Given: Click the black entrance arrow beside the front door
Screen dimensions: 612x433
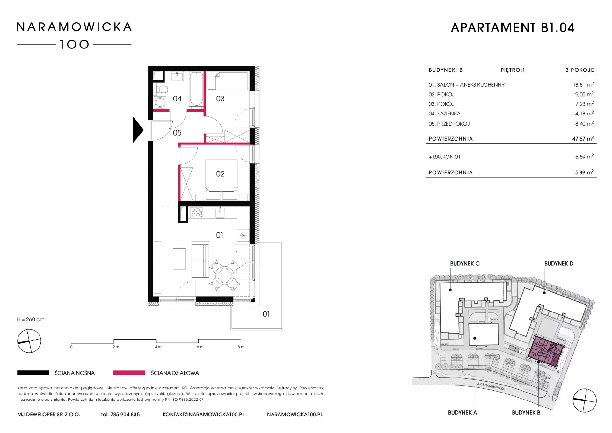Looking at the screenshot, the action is point(137,130).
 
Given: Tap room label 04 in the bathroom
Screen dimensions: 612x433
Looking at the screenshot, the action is point(177,99).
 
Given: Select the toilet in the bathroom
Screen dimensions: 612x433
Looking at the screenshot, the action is point(162,89).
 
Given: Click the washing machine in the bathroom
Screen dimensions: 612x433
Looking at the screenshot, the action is point(160,102).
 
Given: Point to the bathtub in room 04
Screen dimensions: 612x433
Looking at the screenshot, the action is point(196,89).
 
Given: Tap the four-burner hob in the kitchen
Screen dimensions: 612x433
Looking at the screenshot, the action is point(196,212).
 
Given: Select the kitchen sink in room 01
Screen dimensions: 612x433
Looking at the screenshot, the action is point(220,213).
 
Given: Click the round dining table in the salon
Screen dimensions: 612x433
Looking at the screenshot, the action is point(225,275).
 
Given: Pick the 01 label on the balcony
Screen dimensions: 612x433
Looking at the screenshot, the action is point(266,314).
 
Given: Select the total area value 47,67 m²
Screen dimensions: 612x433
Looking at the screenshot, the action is point(583,139).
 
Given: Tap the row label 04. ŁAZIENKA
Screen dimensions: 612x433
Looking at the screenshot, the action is point(444,114).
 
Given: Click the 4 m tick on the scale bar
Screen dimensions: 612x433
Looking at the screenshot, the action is point(156,341).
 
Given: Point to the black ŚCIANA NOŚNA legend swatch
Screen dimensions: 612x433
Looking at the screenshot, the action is point(33,373).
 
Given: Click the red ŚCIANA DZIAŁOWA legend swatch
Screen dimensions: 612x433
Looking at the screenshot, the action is point(129,373).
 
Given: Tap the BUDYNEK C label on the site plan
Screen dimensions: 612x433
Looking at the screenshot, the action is point(464,264).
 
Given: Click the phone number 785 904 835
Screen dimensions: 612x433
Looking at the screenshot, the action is point(125,415).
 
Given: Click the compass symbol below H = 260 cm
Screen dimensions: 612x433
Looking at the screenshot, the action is point(29,341).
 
